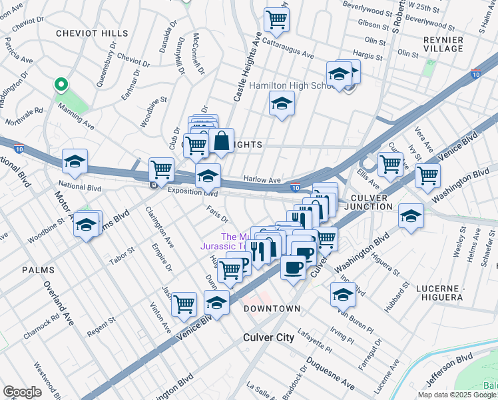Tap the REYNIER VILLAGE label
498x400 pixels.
tap(443, 44)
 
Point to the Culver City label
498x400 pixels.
tap(268, 337)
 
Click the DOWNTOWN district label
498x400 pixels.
tap(272, 309)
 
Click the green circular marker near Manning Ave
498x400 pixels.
tap(61, 85)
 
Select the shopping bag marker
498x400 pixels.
tap(222, 141)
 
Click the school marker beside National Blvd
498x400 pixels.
tap(75, 161)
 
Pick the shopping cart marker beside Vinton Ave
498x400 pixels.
tap(184, 304)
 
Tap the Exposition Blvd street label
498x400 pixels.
tap(193, 191)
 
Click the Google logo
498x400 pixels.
tap(22, 392)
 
